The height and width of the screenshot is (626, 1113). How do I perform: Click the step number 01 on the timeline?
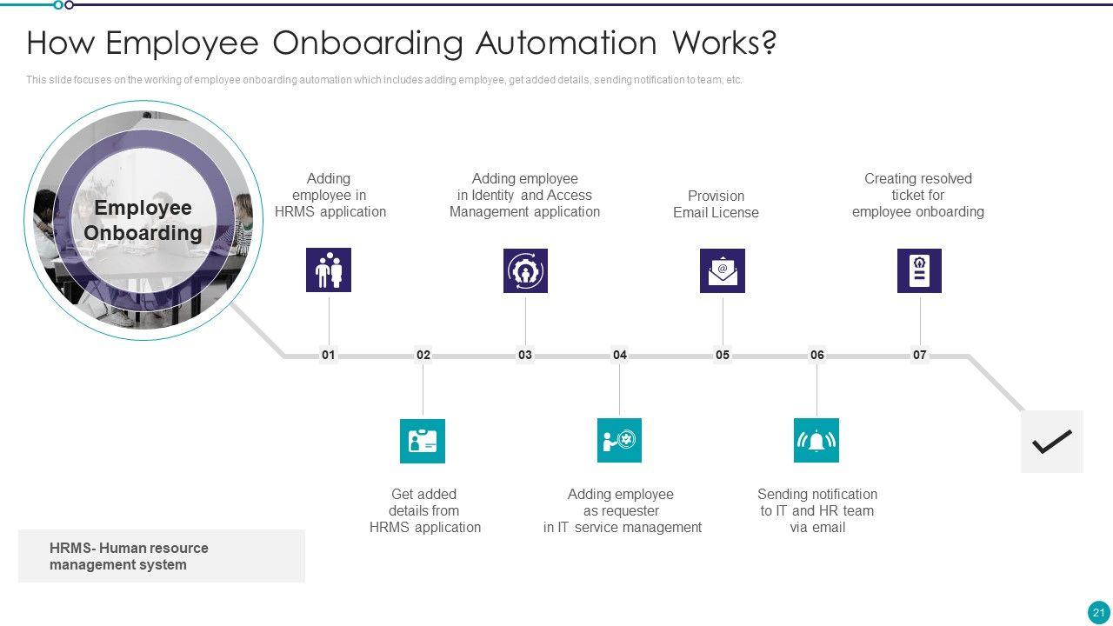point(328,355)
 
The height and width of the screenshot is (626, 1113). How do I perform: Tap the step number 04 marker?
point(619,355)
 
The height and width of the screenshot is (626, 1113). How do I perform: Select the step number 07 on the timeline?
point(919,355)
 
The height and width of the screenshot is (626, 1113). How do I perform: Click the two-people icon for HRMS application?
point(329,270)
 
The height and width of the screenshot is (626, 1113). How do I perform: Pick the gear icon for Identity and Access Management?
point(525,270)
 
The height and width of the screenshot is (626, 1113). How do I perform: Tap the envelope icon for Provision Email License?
point(723,270)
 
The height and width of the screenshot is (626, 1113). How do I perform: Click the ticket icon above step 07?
point(919,270)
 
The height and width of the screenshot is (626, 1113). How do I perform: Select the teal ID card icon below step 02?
point(423,441)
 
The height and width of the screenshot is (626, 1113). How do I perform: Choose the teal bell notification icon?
point(816,441)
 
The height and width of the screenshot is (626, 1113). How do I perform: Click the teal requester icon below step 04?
point(619,441)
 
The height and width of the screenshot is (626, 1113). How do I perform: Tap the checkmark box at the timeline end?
point(1051,442)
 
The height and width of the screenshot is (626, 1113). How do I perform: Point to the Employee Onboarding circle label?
point(143,220)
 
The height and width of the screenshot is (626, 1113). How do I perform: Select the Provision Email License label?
point(716,204)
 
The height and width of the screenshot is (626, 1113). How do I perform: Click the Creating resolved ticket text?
point(917,195)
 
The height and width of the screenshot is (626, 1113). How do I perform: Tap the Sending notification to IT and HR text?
point(816,510)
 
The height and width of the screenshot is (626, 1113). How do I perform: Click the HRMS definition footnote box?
point(162,556)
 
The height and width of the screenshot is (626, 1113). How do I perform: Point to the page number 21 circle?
point(1098,610)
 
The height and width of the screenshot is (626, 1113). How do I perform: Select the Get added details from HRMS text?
point(424,510)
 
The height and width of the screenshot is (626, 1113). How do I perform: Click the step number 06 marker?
point(816,355)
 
